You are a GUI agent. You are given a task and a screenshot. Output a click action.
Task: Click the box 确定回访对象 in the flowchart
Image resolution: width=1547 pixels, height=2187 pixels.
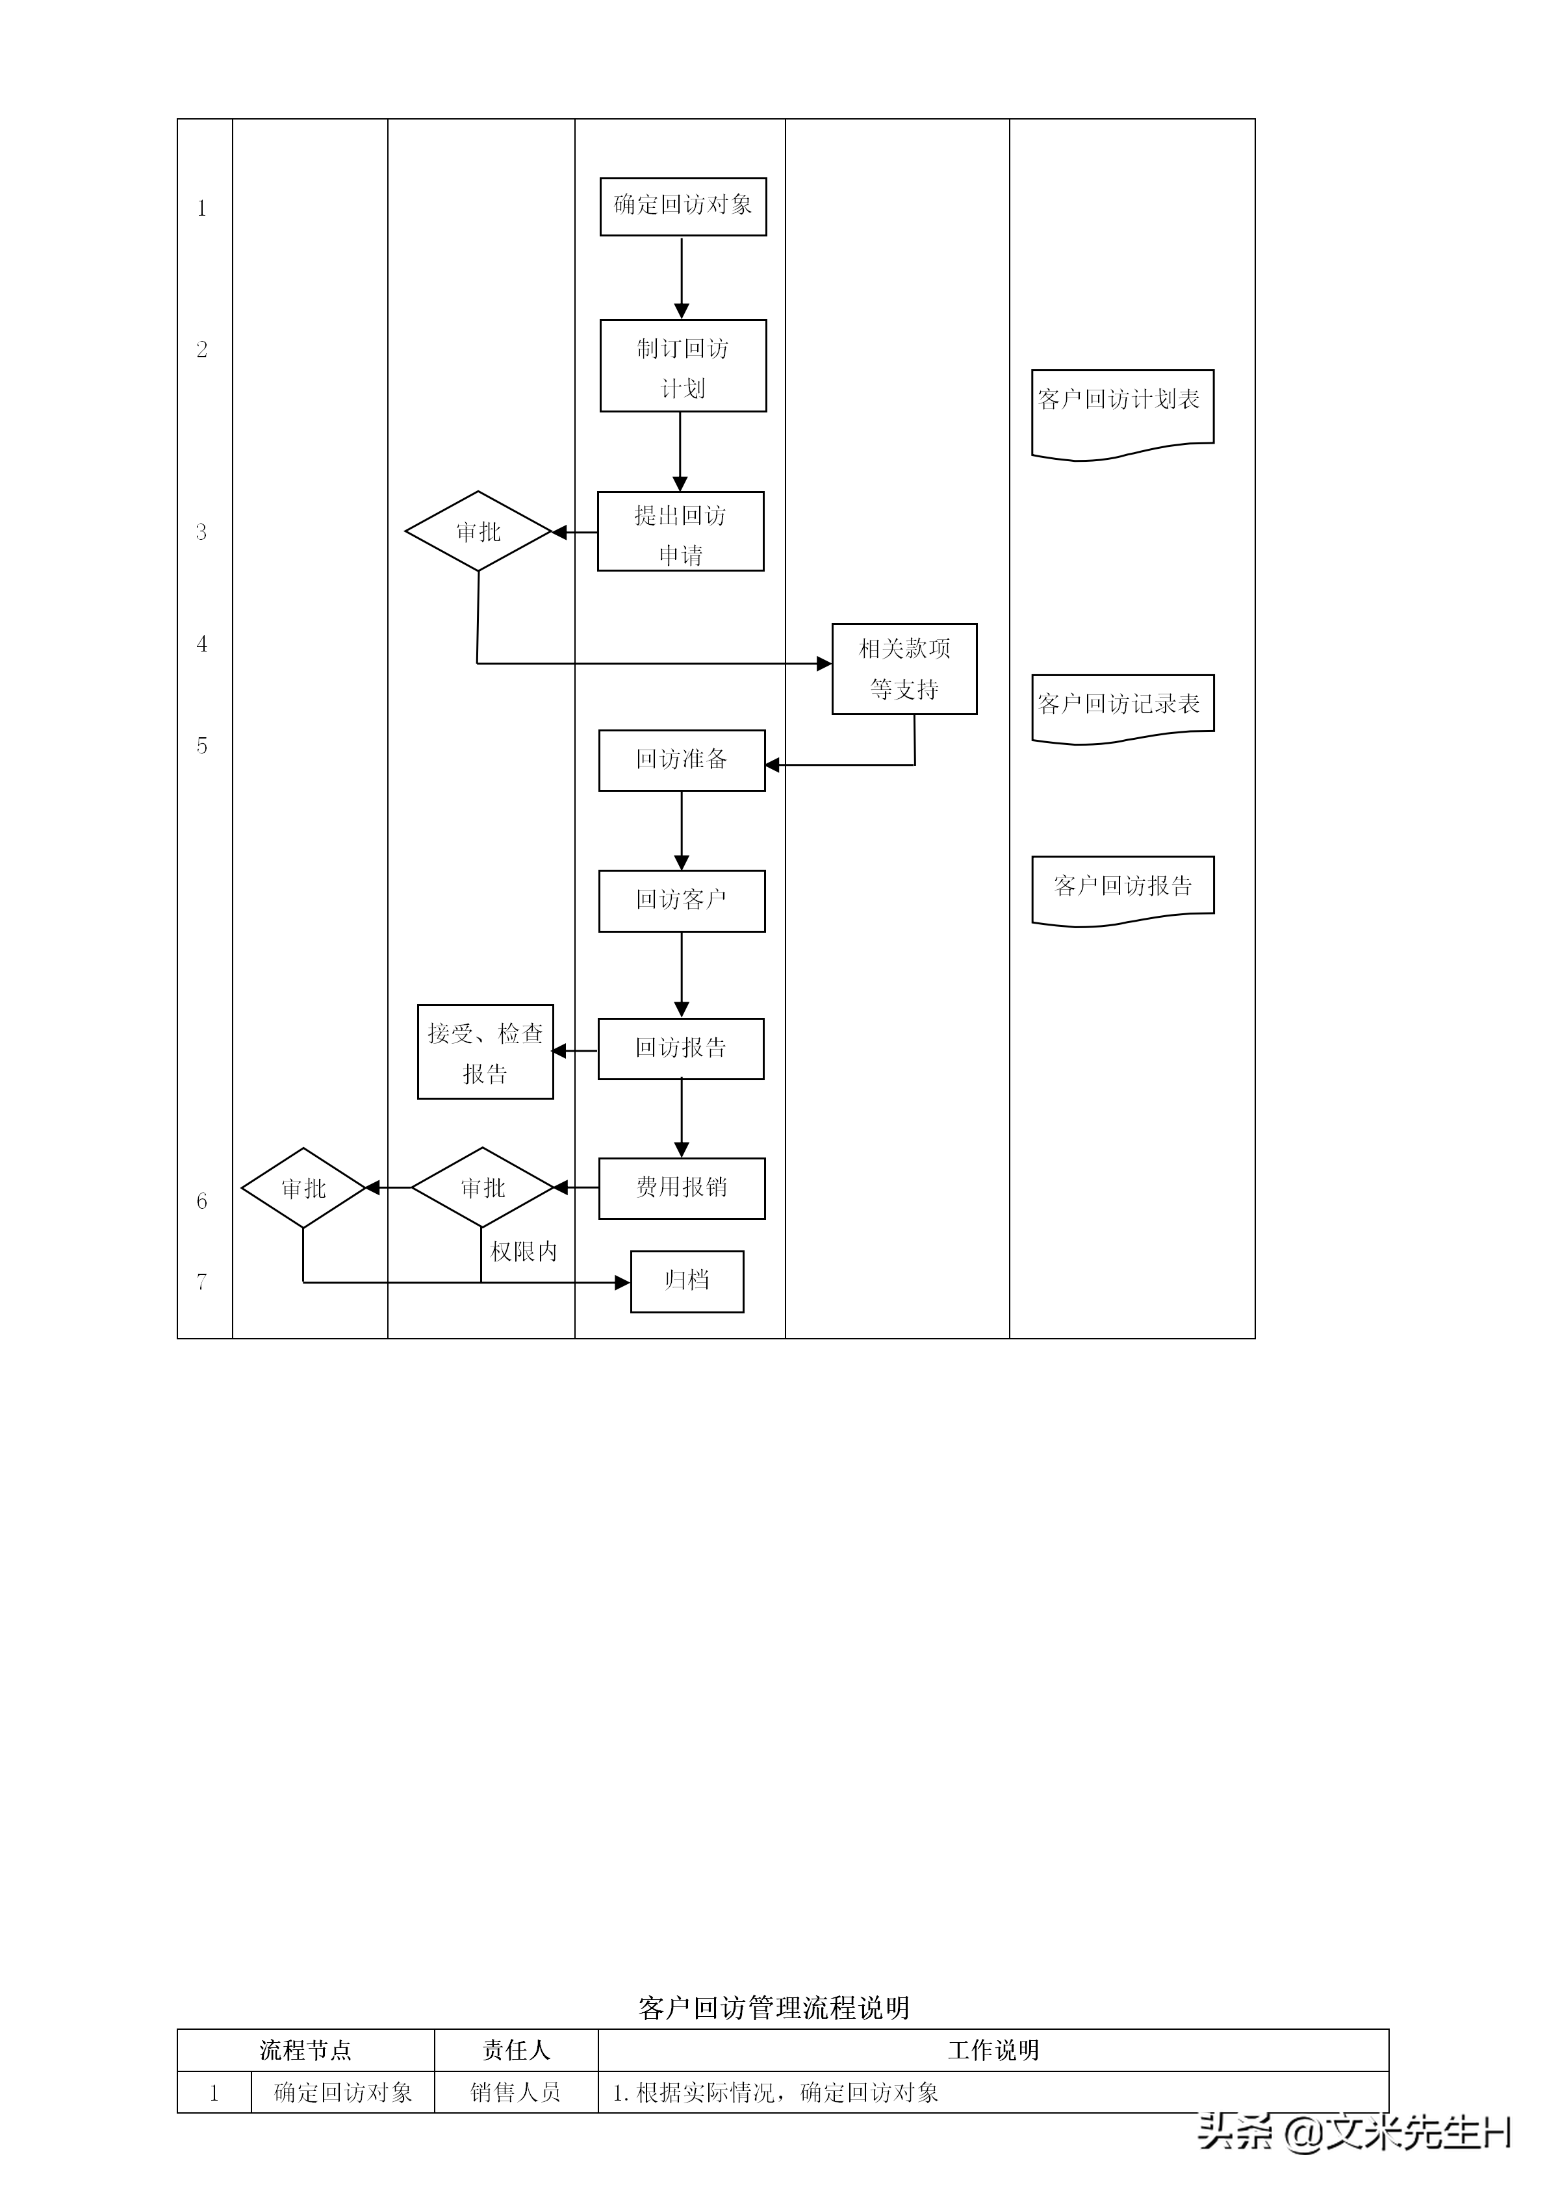683,206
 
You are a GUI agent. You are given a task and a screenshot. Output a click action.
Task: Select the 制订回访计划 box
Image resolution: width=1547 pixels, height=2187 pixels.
683,366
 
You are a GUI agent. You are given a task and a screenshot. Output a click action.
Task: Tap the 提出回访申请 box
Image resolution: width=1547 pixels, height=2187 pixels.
680,531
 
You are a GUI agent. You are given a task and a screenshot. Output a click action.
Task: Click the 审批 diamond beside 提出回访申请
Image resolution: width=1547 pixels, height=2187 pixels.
478,531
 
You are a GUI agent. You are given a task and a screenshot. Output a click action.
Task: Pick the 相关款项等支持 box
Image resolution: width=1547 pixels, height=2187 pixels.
904,668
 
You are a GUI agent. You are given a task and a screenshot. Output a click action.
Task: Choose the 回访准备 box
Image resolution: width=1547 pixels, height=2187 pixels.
681,760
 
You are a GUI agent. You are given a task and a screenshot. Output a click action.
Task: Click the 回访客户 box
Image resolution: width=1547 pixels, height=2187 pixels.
681,900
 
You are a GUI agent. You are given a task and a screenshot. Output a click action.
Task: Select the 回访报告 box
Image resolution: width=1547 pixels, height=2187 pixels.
680,1049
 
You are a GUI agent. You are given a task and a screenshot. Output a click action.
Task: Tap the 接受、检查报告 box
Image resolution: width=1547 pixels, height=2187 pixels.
485,1052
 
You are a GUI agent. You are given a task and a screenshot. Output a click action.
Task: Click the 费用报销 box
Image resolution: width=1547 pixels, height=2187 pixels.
681,1188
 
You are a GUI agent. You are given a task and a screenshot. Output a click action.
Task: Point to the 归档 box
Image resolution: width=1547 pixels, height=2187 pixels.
687,1281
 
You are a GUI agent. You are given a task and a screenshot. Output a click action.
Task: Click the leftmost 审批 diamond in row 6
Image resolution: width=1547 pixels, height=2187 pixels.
303,1188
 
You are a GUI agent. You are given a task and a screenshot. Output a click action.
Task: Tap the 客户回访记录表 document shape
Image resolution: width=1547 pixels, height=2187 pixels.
1122,706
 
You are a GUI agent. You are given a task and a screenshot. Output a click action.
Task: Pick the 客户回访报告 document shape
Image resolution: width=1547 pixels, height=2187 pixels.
1122,888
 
